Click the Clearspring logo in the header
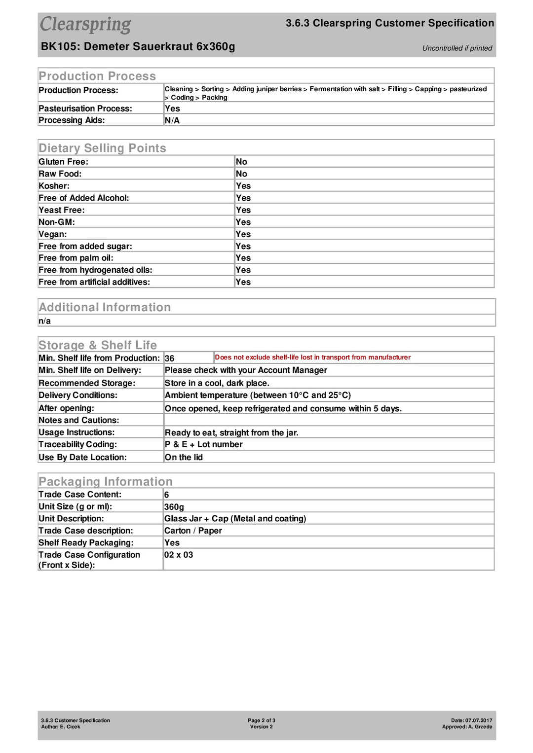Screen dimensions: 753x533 click(85, 25)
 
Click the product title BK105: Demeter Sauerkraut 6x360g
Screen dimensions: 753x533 click(138, 47)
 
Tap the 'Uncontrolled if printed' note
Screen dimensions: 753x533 click(457, 48)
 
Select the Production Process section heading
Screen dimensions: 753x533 click(97, 76)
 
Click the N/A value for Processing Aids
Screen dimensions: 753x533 click(172, 120)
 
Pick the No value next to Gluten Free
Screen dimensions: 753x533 click(241, 162)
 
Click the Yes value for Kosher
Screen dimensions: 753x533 click(243, 186)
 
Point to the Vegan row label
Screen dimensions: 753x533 click(53, 234)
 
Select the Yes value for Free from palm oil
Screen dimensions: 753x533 click(243, 258)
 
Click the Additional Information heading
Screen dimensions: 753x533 click(105, 308)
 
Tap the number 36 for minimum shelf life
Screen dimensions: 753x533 click(169, 359)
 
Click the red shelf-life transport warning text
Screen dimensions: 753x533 click(312, 358)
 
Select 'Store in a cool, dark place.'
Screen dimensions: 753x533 click(217, 383)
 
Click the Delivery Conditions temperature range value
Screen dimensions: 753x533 click(258, 395)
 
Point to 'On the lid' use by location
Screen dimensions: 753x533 click(184, 458)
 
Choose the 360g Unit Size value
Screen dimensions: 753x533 click(174, 507)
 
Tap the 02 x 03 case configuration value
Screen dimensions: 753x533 click(179, 555)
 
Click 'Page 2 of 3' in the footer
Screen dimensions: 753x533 click(262, 720)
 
